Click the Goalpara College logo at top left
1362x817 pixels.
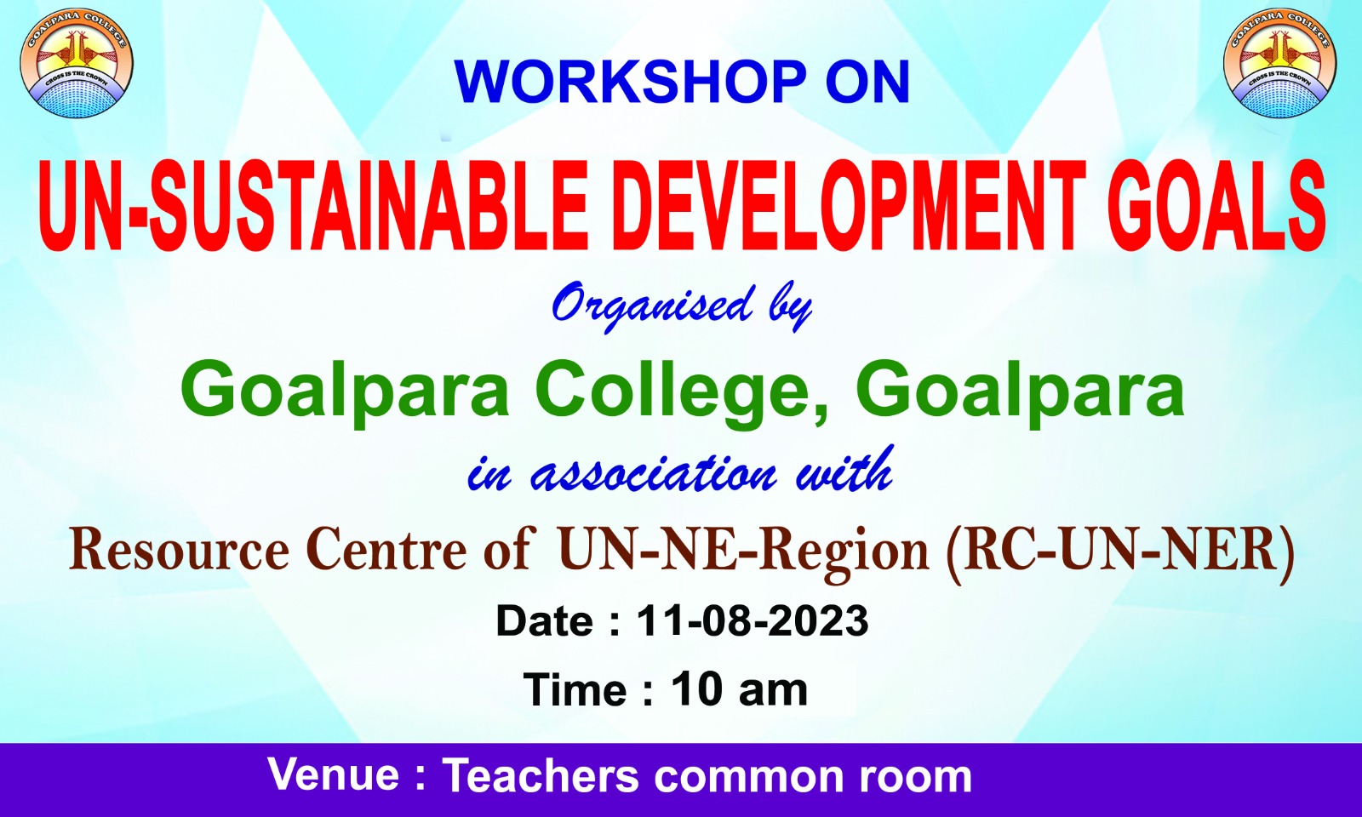tap(76, 64)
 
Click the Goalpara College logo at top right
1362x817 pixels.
tap(1280, 64)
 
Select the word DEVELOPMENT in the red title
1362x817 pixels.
tap(848, 206)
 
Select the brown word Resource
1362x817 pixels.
tap(180, 551)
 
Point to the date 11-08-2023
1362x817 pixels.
tap(753, 621)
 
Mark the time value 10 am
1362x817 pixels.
tap(740, 689)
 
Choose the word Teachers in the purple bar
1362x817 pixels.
tap(541, 774)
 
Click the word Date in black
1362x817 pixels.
tap(545, 621)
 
